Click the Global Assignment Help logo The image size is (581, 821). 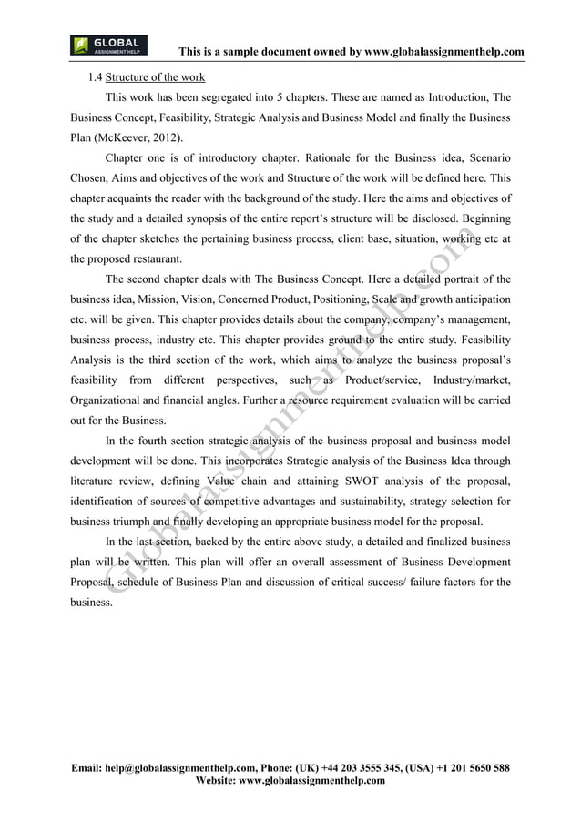coord(107,46)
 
